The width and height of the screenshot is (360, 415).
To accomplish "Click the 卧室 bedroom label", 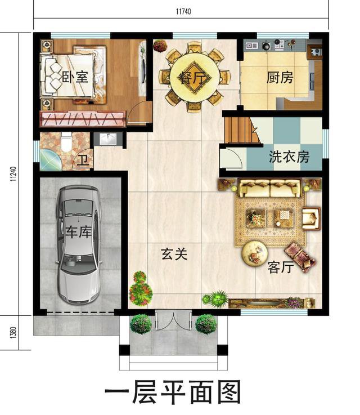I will (74, 77).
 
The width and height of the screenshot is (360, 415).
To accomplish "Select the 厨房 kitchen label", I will (280, 77).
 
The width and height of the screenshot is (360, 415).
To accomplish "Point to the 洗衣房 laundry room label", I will (289, 157).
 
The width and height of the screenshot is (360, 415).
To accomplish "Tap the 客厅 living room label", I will (280, 267).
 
